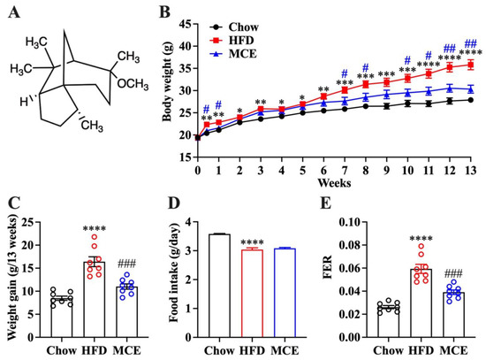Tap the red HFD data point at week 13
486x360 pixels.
tap(470, 65)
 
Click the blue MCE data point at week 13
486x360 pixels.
tap(470, 89)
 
